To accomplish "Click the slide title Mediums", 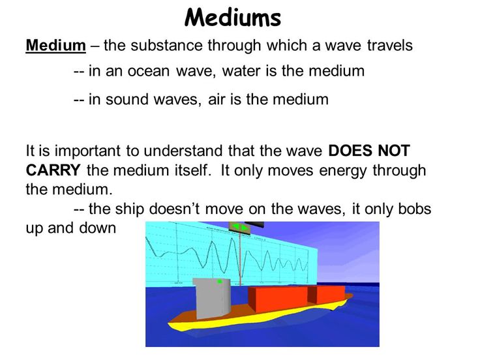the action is point(233,17).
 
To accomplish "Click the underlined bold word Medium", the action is point(55,45).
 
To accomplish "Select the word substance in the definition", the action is point(166,45).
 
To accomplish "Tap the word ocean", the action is point(149,71).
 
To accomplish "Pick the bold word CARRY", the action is point(53,170).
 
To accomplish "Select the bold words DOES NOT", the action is point(369,151).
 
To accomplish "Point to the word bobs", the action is point(415,209).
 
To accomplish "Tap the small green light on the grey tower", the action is point(220,282).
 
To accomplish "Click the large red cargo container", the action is point(278,299).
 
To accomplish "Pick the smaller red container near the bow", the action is point(326,295).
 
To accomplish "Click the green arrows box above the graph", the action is point(240,228).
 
